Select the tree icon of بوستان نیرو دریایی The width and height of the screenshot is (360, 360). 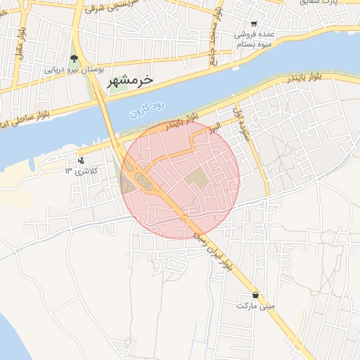pyautogui.click(x=75, y=58)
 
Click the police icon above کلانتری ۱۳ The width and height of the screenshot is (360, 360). pyautogui.click(x=83, y=160)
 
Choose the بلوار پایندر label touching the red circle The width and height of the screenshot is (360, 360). pyautogui.click(x=181, y=124)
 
